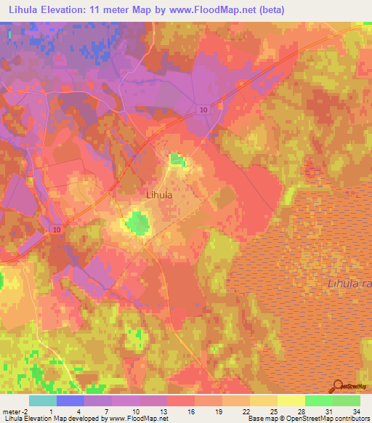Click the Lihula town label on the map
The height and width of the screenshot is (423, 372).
159,195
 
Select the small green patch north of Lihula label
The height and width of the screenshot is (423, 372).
177,159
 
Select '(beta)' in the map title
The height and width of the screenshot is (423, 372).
264,10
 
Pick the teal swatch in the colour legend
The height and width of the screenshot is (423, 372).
42,400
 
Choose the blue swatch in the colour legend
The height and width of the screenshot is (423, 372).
70,400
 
